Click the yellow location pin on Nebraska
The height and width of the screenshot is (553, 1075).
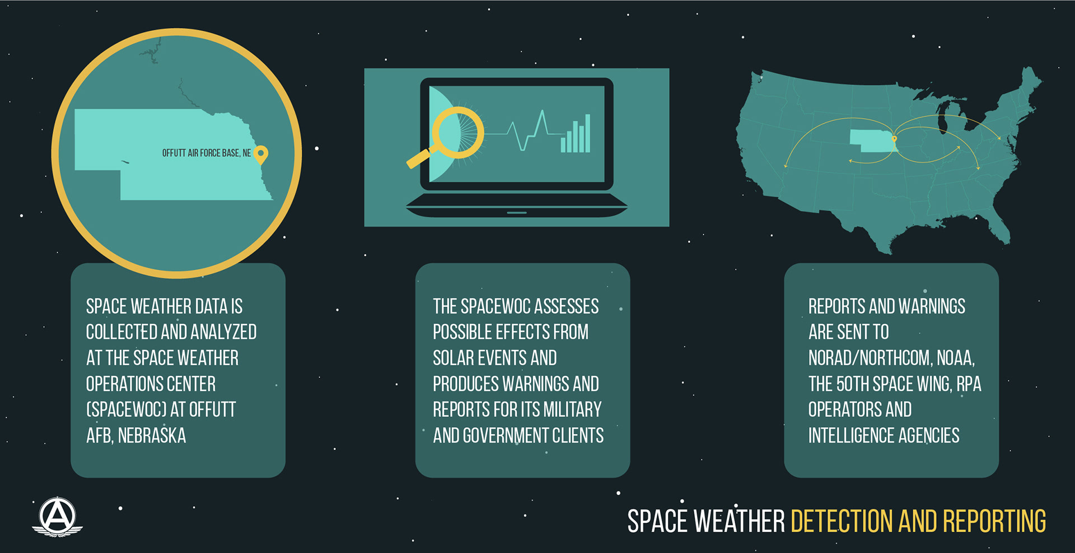click(x=261, y=154)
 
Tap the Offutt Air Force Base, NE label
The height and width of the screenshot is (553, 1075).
click(x=207, y=153)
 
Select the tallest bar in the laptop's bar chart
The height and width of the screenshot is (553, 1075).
click(x=588, y=133)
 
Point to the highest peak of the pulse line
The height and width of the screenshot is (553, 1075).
click(x=542, y=111)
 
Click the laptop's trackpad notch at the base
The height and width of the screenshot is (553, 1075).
click(x=517, y=213)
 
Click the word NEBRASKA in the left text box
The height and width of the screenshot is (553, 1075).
click(x=152, y=435)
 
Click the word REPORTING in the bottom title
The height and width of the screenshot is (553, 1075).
click(x=994, y=521)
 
